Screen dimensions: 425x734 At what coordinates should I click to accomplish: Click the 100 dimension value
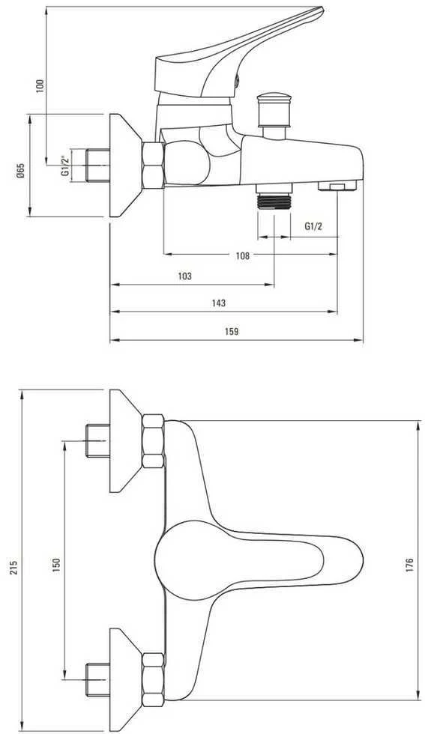(x=40, y=85)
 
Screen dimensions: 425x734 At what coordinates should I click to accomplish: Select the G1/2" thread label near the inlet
(x=65, y=165)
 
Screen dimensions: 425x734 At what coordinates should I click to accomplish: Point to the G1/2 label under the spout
(x=313, y=226)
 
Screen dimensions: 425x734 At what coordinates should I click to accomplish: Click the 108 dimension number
(x=243, y=255)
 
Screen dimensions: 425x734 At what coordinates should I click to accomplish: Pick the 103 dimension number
(x=184, y=276)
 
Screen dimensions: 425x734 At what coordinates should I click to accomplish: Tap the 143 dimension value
(x=218, y=303)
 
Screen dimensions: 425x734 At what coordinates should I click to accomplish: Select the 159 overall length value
(x=232, y=331)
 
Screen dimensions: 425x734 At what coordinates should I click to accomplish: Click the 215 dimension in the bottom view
(x=13, y=568)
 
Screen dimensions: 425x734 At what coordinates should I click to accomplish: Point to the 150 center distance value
(x=56, y=565)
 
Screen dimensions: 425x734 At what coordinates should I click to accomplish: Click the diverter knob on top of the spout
(x=274, y=110)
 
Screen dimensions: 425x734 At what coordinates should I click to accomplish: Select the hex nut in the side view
(x=153, y=165)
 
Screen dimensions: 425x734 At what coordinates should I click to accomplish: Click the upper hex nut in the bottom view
(x=153, y=441)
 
